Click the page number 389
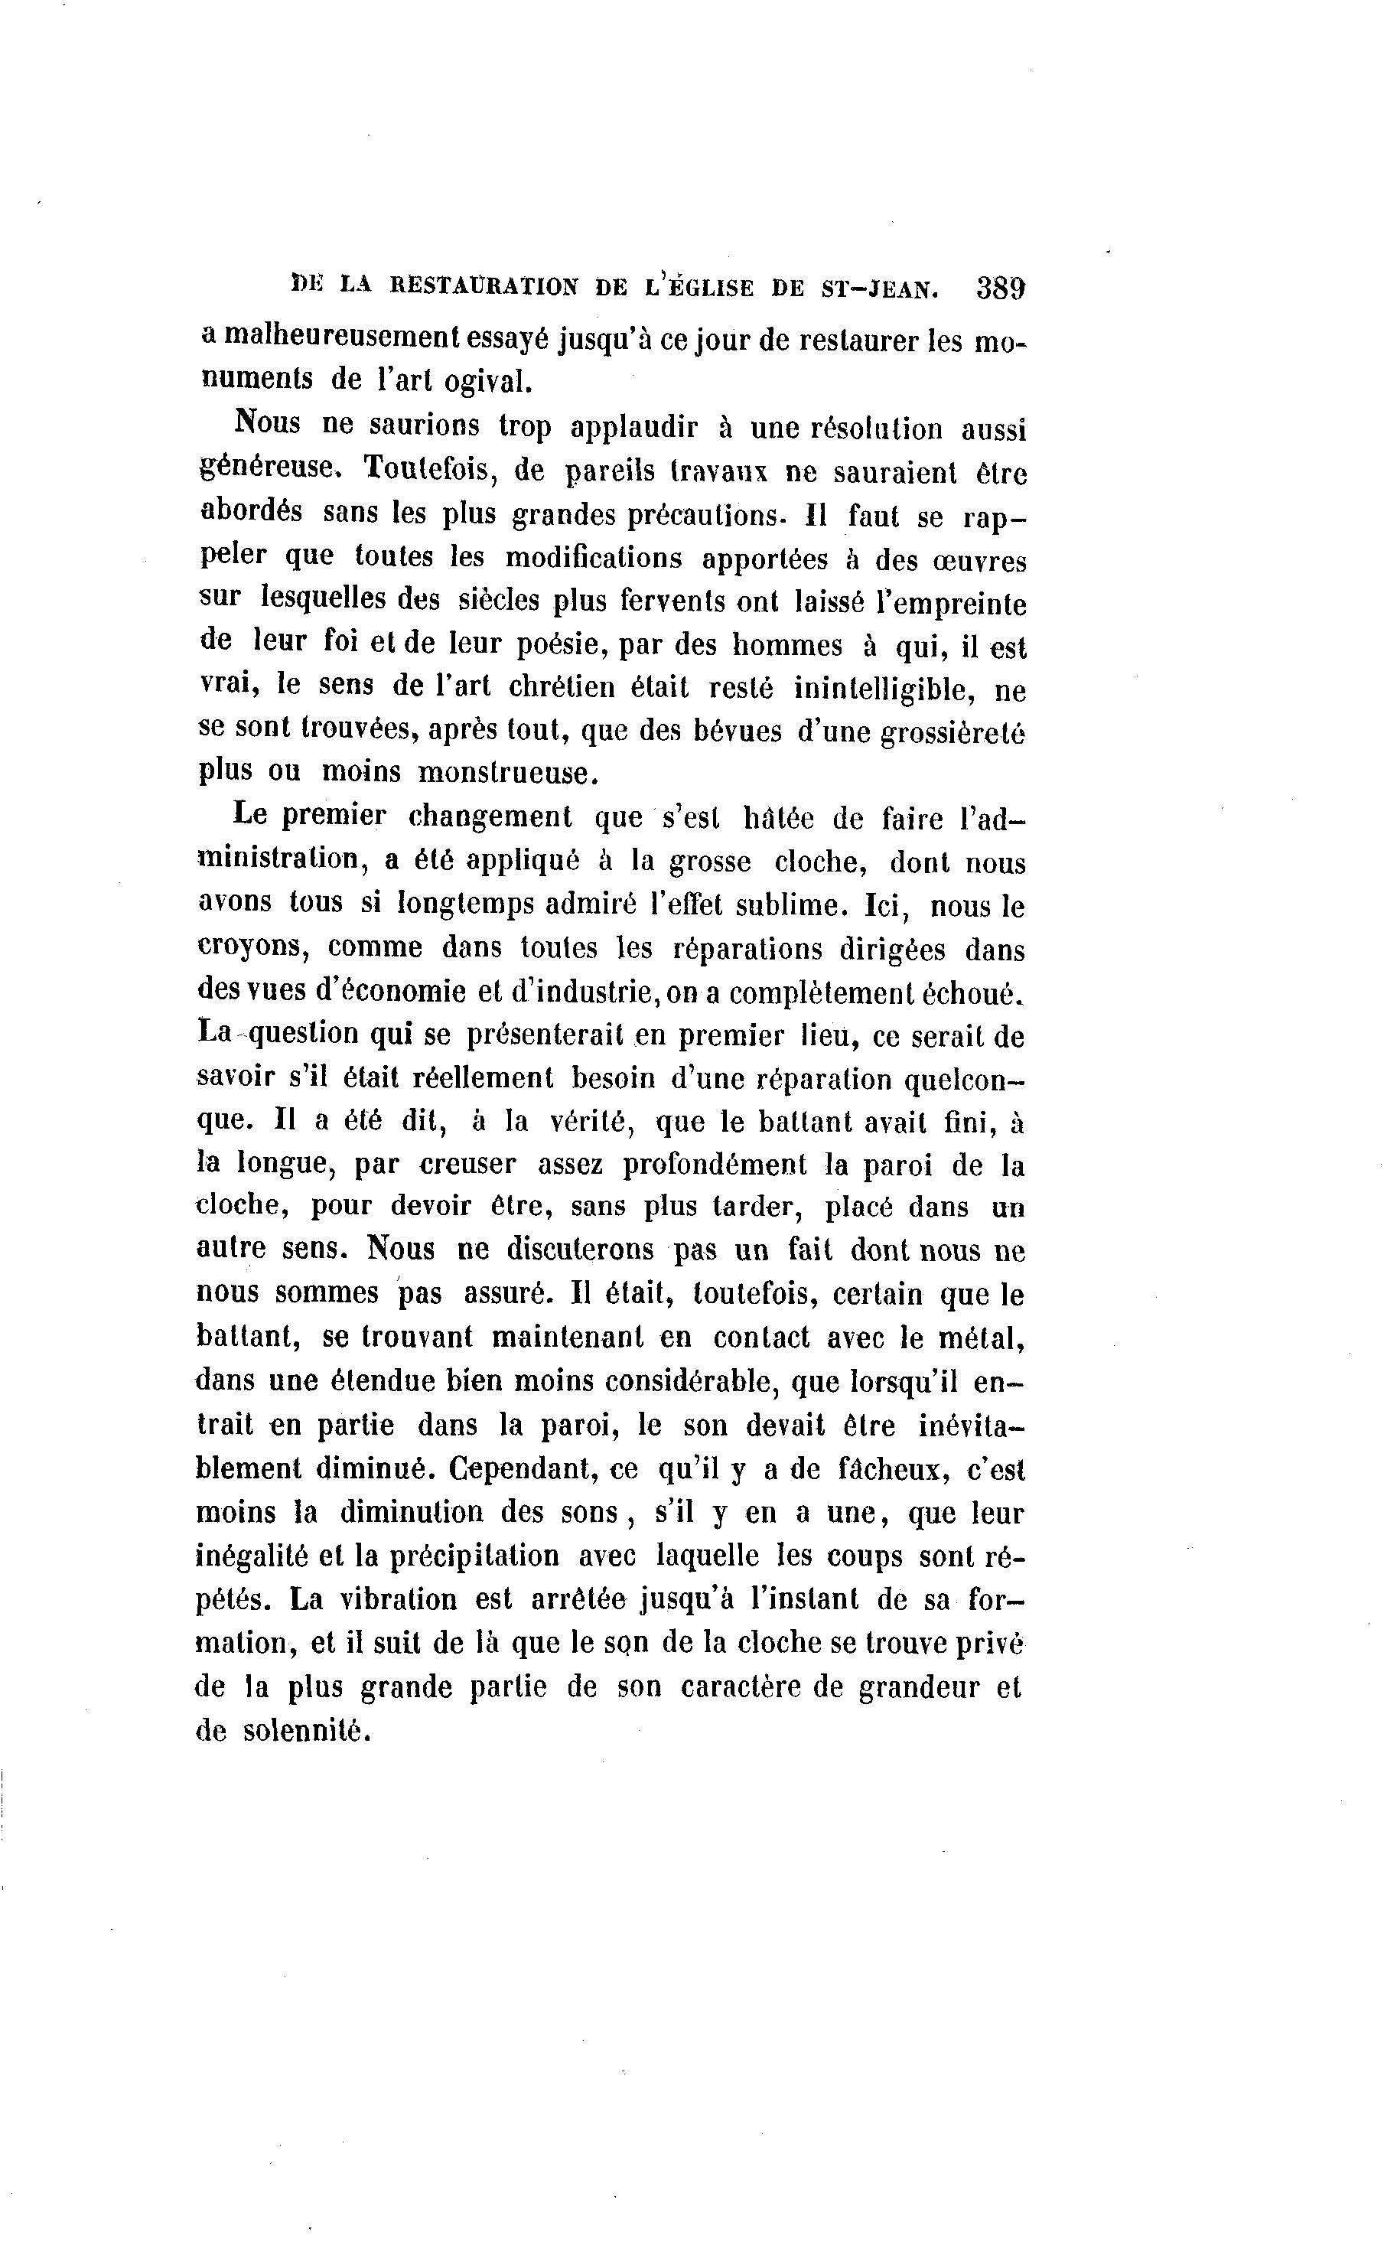(1000, 289)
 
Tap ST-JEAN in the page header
(878, 289)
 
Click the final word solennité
(307, 1730)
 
